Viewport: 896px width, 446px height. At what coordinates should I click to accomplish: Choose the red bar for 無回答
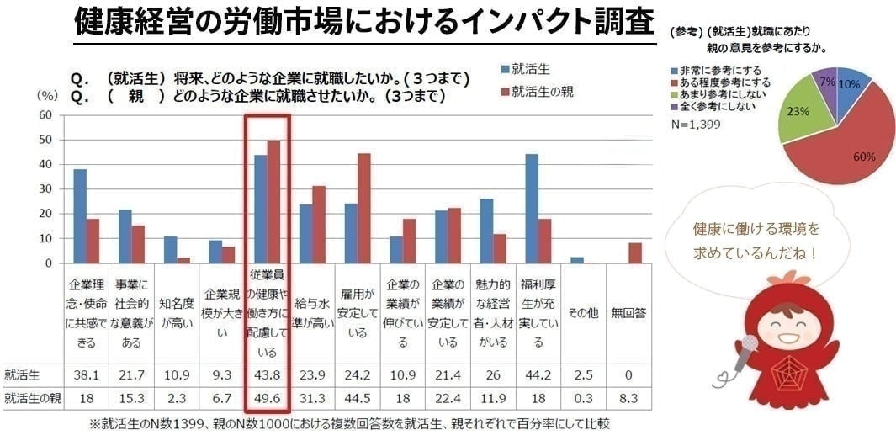click(x=635, y=253)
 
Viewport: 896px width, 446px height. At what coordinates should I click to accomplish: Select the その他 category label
click(x=583, y=312)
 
